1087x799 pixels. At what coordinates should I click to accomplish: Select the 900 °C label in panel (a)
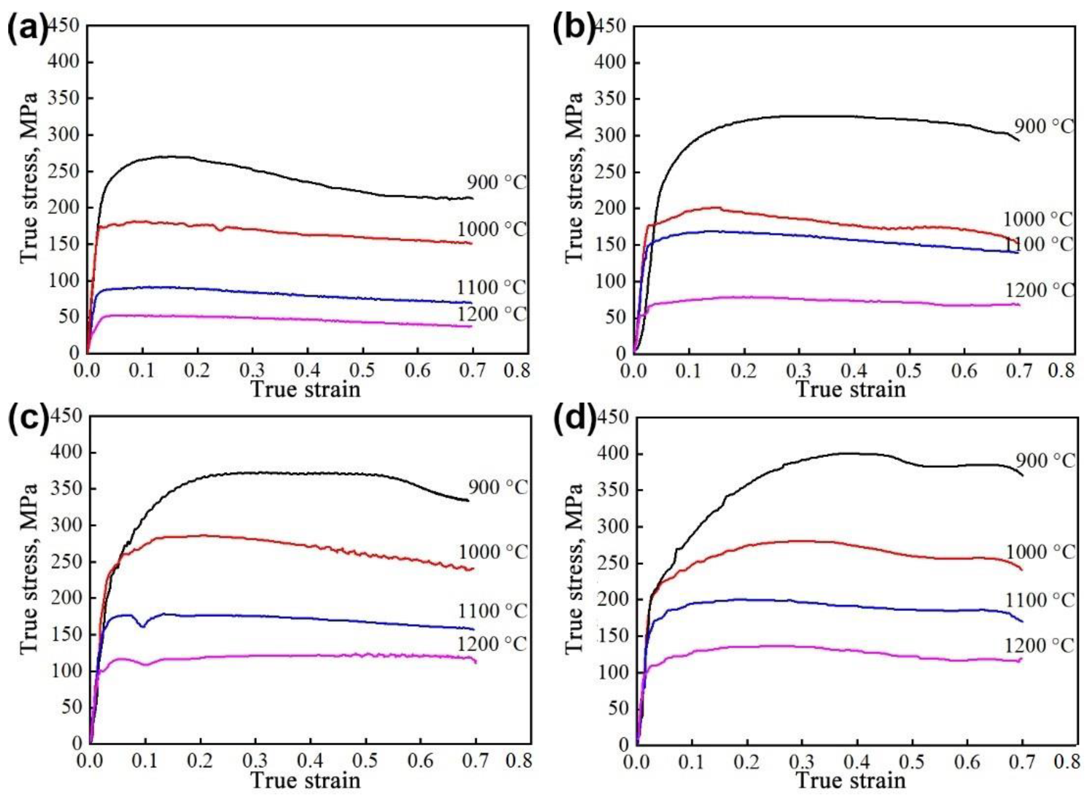[x=496, y=183]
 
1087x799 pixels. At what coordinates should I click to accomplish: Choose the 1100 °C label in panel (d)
[x=1040, y=600]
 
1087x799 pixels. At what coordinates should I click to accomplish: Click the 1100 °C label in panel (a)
[x=491, y=287]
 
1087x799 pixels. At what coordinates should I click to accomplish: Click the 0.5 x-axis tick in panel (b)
[x=909, y=371]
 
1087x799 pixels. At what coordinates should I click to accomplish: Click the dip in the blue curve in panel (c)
[x=143, y=626]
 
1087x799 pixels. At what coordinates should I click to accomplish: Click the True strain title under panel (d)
[x=851, y=781]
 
